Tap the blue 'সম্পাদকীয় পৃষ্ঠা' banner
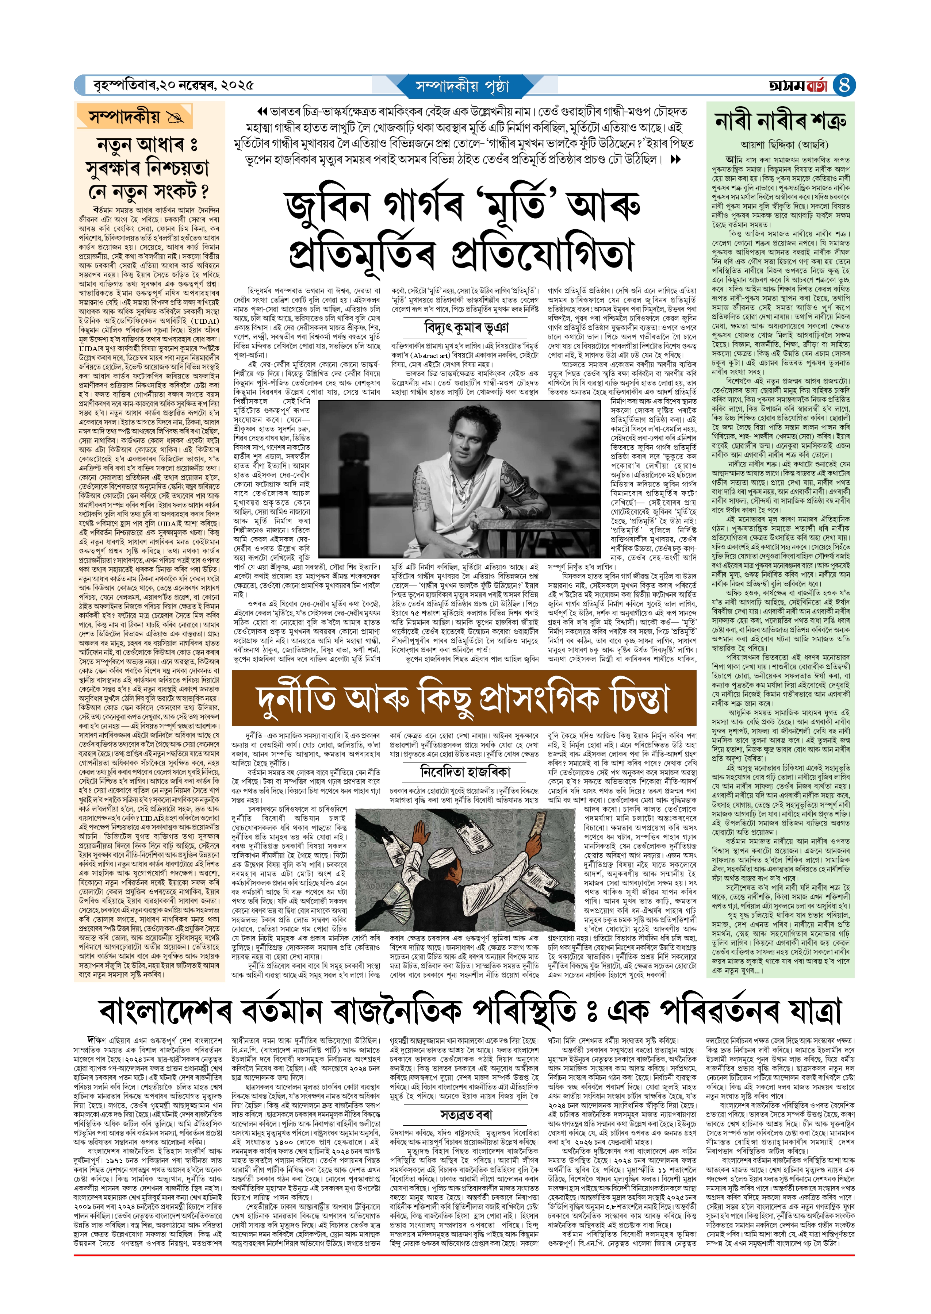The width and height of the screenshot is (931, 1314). [462, 86]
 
